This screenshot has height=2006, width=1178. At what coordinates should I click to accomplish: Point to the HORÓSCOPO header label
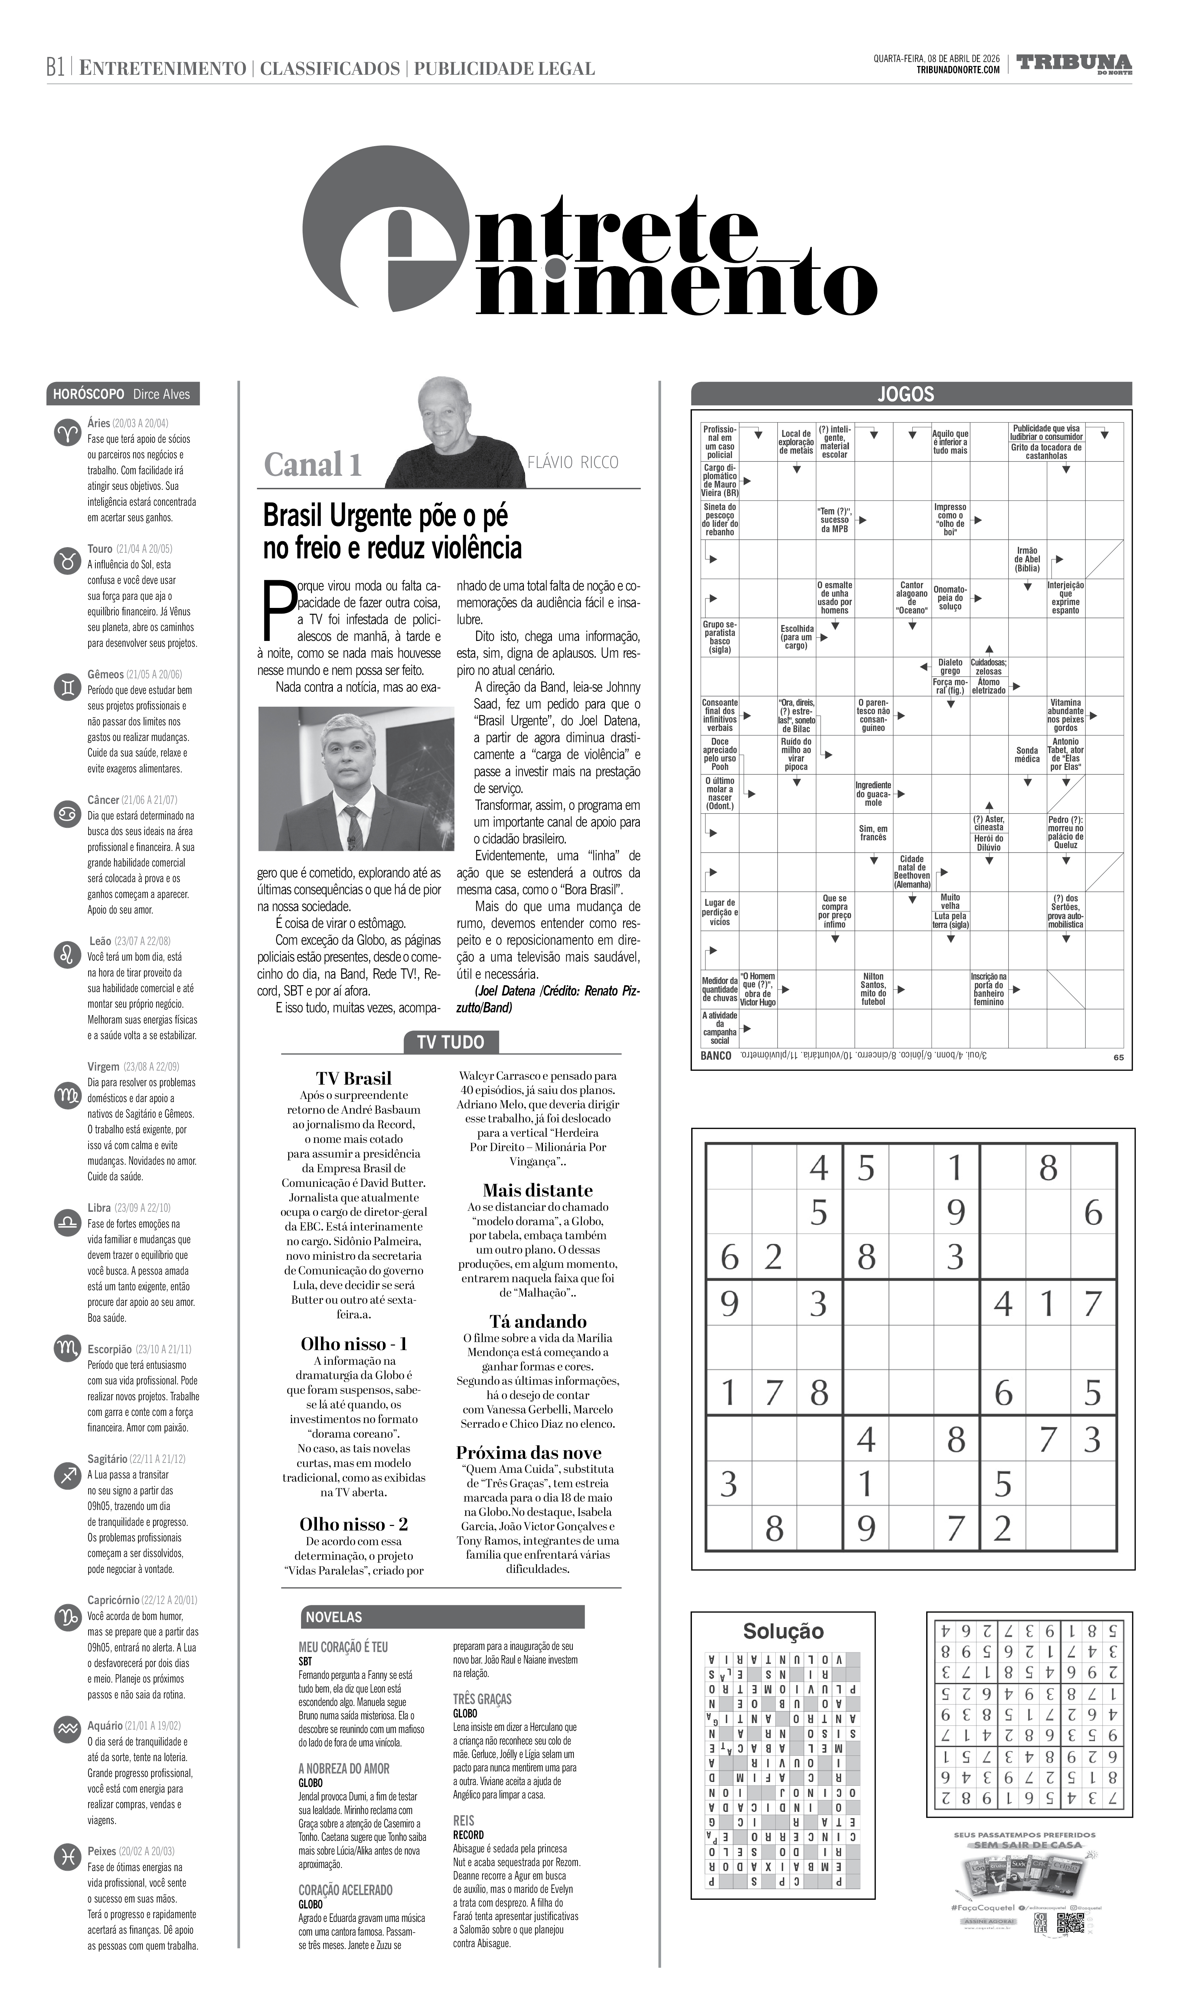pos(89,394)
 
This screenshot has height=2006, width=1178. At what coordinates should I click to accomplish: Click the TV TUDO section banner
pos(451,1042)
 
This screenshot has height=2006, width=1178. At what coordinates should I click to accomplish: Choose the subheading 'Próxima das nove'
pos(529,1452)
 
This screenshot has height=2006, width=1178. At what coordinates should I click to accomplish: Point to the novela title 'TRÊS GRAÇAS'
pos(482,1699)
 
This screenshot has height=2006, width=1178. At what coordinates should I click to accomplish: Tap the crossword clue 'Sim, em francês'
pos(873,833)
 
